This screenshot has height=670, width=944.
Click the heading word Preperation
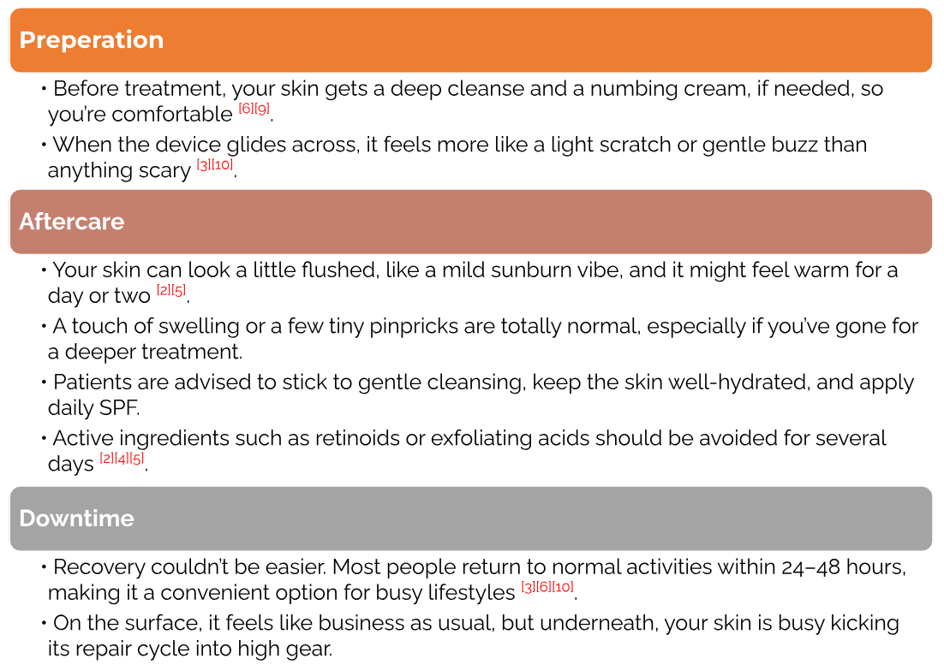92,40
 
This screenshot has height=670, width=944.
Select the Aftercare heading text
72,222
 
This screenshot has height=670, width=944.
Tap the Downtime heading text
76,519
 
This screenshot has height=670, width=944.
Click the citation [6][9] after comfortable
254,109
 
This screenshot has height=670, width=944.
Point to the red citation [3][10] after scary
215,165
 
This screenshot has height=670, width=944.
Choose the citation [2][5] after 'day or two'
171,290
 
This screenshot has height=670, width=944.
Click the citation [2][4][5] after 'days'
122,459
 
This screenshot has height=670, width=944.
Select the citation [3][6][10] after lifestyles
547,587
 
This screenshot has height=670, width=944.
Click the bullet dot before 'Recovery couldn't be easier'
44,567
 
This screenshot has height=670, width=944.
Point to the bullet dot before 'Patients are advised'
44,382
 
